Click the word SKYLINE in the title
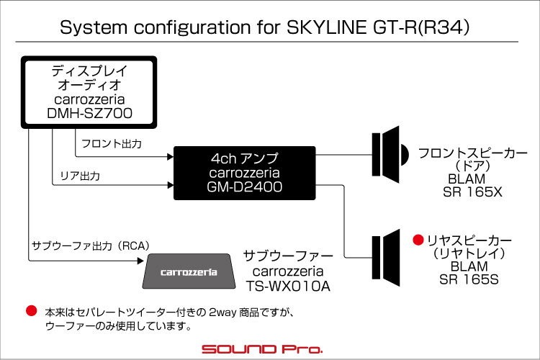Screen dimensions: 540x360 tap(326, 27)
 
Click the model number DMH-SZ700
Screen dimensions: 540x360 tap(89, 113)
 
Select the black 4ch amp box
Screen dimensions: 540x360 tap(245, 173)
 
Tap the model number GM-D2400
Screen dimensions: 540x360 tap(245, 186)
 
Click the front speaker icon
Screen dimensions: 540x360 tap(390, 154)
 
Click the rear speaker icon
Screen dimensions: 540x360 tap(386, 258)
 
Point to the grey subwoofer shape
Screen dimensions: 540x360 tap(189, 271)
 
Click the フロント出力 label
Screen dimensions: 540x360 tap(112, 144)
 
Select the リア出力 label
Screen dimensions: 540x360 tap(80, 176)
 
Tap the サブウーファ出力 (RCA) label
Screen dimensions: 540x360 tap(91, 246)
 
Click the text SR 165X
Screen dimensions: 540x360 tap(472, 192)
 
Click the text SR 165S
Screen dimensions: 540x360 tap(469, 279)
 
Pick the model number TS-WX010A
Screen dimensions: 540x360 tap(288, 287)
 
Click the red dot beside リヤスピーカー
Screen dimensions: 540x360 tap(418, 240)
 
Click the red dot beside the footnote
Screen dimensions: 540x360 tap(32, 310)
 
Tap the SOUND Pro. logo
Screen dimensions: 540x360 tap(262, 349)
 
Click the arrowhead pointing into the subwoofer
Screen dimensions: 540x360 tap(140, 261)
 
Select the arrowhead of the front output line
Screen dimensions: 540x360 tap(170, 157)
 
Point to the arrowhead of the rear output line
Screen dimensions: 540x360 tap(170, 185)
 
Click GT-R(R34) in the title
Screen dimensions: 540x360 tap(421, 27)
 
